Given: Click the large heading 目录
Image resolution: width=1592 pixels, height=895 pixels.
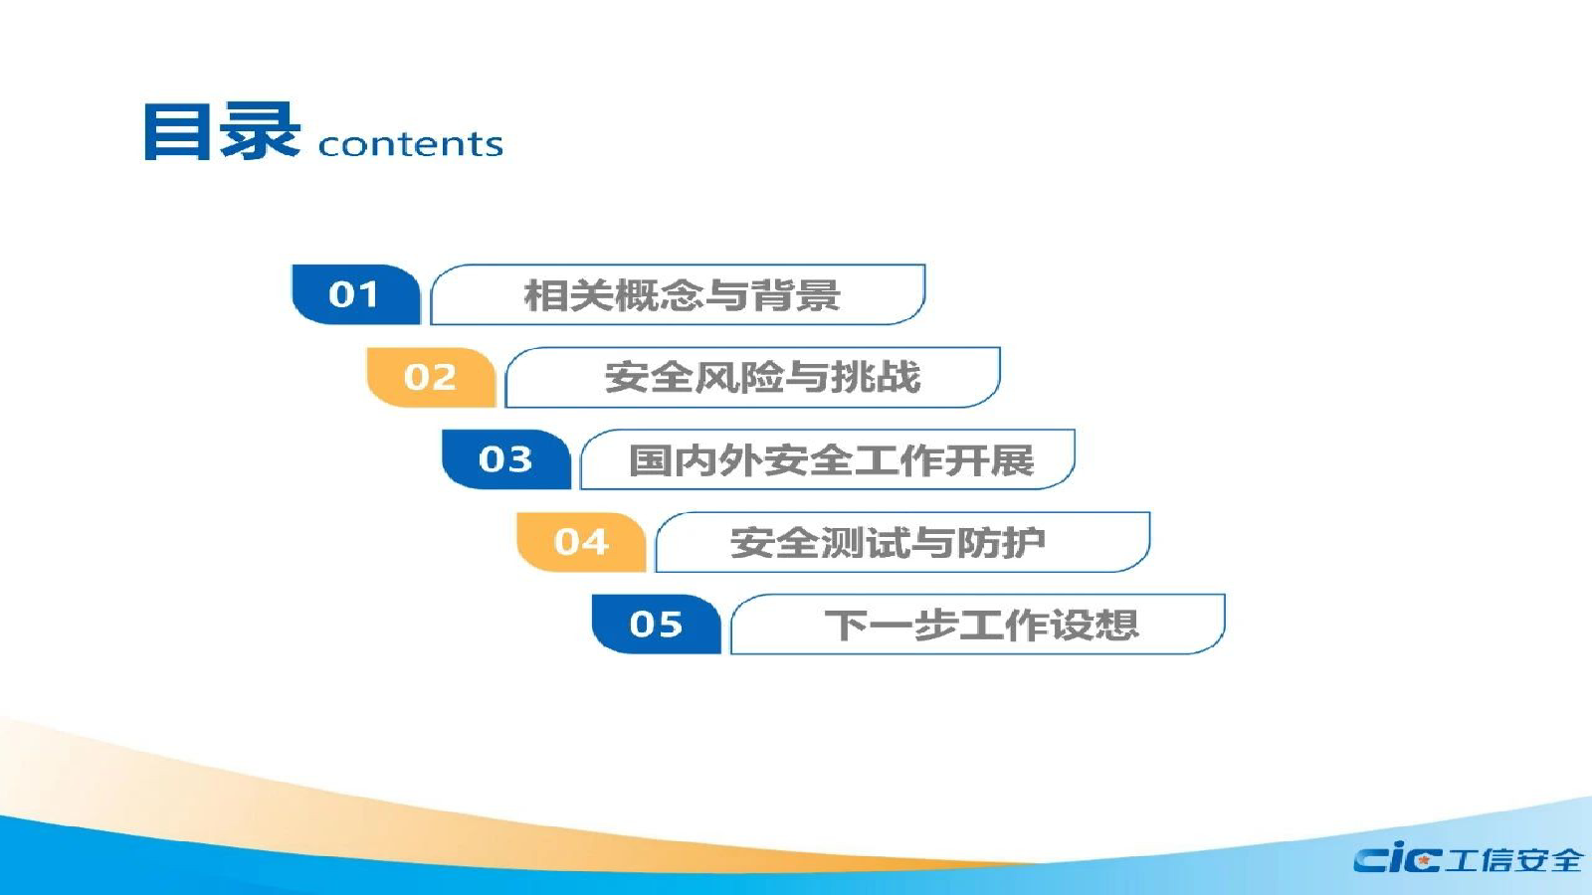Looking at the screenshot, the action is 222,131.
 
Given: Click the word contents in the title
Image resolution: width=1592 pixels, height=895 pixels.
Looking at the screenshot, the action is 411,144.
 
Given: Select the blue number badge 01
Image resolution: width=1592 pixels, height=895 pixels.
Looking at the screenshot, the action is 356,294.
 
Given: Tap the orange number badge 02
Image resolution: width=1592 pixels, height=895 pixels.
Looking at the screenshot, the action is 431,377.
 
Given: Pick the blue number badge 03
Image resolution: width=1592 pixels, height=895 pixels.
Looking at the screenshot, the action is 506,459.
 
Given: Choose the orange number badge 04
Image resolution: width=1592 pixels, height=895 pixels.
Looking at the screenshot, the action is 581,542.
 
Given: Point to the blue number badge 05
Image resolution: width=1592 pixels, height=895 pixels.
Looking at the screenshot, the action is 656,625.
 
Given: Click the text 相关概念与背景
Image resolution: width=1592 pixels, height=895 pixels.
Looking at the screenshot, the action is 683,295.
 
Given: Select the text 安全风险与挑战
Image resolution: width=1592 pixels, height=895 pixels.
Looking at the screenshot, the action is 762,377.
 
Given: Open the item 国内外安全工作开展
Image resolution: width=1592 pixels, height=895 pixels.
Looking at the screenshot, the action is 832,460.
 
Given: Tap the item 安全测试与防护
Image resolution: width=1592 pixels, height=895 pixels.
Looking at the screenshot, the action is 888,543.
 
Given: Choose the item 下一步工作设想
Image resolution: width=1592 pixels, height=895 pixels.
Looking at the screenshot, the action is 981,626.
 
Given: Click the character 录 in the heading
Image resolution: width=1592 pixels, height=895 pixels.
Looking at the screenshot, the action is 260,131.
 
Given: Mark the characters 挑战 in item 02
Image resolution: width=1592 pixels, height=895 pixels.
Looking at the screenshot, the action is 877,377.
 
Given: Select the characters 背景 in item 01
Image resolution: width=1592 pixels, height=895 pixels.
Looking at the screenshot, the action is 797,295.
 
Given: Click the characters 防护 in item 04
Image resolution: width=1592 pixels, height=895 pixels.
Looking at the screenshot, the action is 1001,543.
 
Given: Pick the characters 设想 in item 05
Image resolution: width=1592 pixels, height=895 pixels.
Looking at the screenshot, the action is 1094,626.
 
